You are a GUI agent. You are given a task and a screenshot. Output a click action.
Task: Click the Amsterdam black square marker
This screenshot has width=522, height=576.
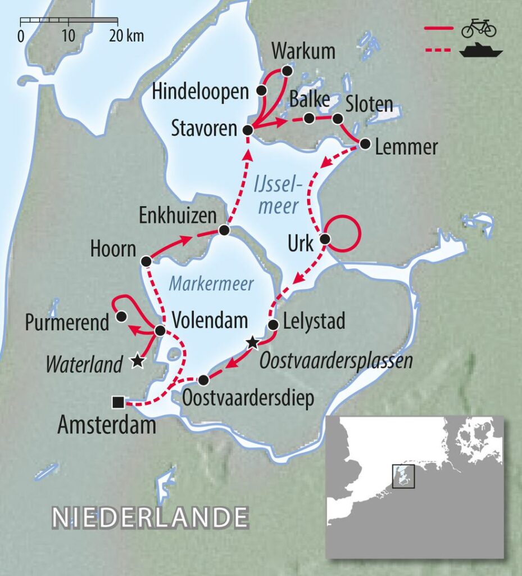[x=118, y=402]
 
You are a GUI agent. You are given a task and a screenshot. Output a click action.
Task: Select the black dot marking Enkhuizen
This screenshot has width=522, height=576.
[x=224, y=230]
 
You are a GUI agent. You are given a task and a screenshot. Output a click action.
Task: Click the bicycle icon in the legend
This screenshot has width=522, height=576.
[x=478, y=28]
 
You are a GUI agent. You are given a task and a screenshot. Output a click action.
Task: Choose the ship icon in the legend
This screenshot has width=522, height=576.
[x=480, y=52]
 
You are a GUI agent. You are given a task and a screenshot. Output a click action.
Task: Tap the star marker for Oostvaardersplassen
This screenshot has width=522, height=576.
[x=253, y=341]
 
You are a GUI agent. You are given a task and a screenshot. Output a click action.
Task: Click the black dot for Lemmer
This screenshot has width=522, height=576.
[x=365, y=145]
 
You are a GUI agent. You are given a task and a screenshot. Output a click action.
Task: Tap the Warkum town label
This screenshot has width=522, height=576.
[x=303, y=52]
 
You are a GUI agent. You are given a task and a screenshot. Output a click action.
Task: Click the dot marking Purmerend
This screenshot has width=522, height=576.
[x=121, y=316]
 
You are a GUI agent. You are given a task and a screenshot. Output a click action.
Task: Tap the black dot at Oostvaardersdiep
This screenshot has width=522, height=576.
[x=203, y=380]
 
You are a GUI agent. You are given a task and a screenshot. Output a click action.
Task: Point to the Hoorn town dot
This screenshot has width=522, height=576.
[x=146, y=261]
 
